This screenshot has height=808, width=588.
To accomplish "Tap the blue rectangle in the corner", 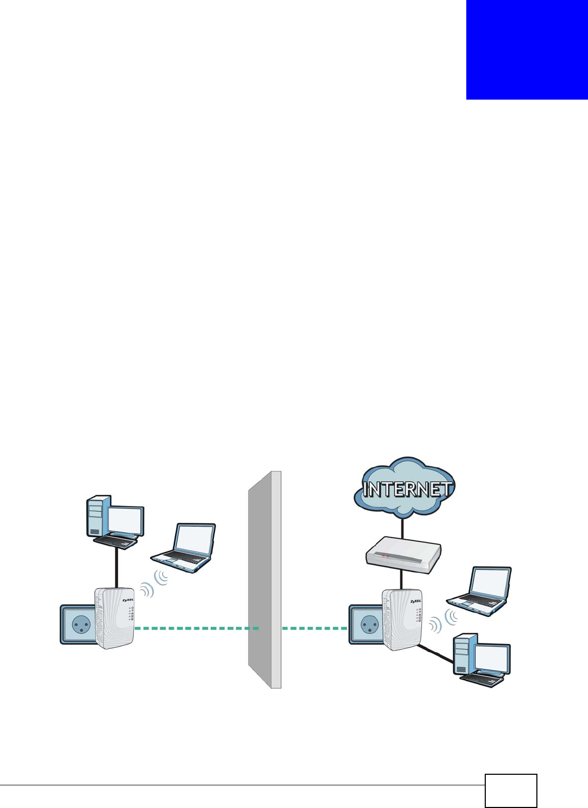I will pos(526,50).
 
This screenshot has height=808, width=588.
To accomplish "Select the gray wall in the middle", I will pos(265,580).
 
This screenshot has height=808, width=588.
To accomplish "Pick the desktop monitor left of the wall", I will pos(125,520).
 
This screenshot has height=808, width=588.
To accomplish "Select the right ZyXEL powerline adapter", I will pos(403,619).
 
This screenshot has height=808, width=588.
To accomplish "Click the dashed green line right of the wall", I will pos(315,628).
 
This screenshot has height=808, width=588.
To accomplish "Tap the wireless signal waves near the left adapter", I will pos(155,584).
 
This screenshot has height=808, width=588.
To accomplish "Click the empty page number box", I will pos(511,791).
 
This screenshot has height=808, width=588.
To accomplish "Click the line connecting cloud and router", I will pos(403,527).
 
